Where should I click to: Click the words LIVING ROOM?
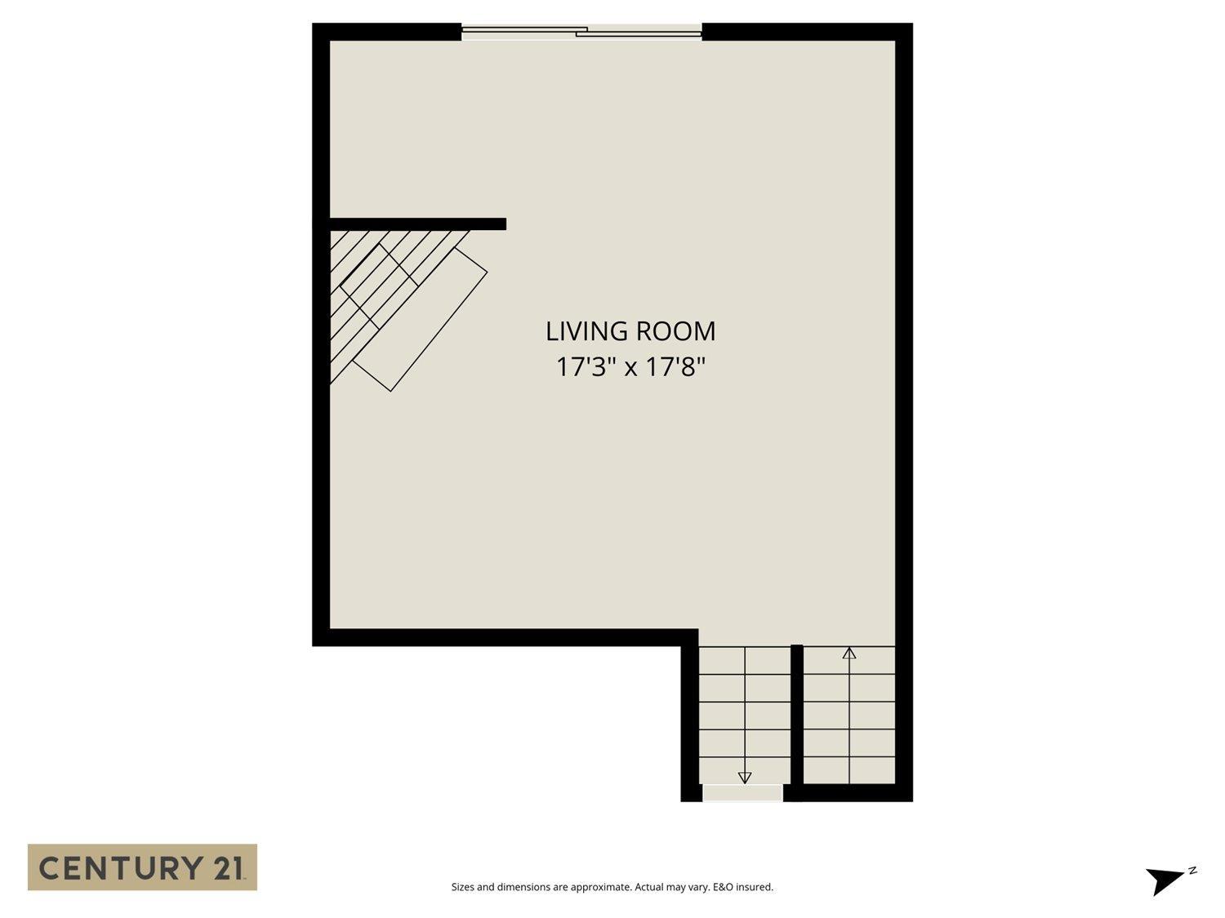point(630,331)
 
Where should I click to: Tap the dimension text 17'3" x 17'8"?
point(630,367)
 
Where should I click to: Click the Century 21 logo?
point(142,867)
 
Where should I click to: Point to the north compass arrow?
point(1163,880)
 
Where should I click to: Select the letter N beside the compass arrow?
point(1192,871)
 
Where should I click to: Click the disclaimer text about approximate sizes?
point(612,887)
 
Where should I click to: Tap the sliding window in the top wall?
point(581,33)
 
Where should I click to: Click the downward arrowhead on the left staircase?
point(745,777)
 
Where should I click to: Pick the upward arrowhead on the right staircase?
point(849,653)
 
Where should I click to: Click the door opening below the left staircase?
point(742,792)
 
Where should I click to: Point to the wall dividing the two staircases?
point(797,718)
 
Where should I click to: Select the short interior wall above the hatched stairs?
point(417,224)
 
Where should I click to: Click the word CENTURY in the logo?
point(118,867)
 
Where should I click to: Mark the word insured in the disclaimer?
point(755,887)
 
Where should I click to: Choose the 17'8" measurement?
point(675,367)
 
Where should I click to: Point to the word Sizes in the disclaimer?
point(463,887)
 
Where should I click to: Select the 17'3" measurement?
point(586,367)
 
